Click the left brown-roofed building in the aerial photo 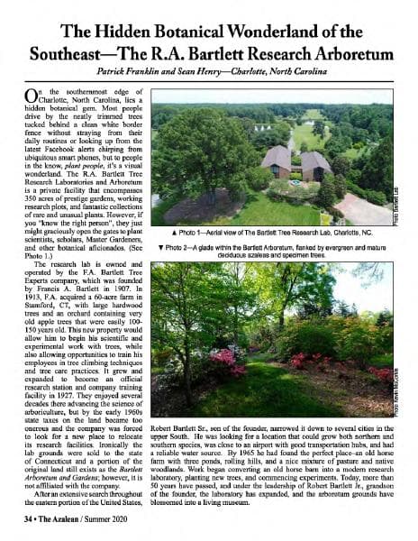(275, 160)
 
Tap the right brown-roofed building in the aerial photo (314, 163)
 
